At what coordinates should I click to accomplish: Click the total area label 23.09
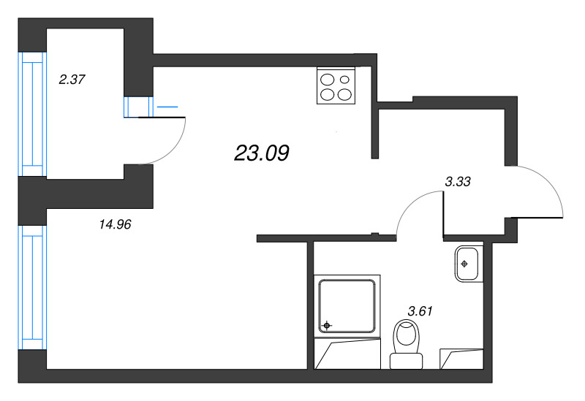click(262, 153)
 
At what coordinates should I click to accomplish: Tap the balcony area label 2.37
click(72, 80)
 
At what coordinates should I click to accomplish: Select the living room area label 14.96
click(116, 224)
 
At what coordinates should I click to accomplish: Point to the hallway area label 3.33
click(458, 182)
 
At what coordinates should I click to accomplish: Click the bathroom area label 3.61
click(420, 311)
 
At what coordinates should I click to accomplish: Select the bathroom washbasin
click(467, 264)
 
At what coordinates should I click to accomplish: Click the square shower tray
click(347, 305)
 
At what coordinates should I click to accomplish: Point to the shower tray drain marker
click(327, 325)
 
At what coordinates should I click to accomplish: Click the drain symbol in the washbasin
click(464, 264)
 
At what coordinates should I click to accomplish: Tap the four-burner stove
click(336, 85)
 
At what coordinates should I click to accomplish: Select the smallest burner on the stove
click(344, 80)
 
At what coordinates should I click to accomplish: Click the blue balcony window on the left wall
click(32, 114)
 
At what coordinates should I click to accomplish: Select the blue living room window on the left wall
click(32, 287)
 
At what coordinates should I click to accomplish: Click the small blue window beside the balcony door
click(138, 107)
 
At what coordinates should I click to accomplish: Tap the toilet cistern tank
click(407, 361)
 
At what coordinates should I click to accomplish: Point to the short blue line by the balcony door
click(167, 107)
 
